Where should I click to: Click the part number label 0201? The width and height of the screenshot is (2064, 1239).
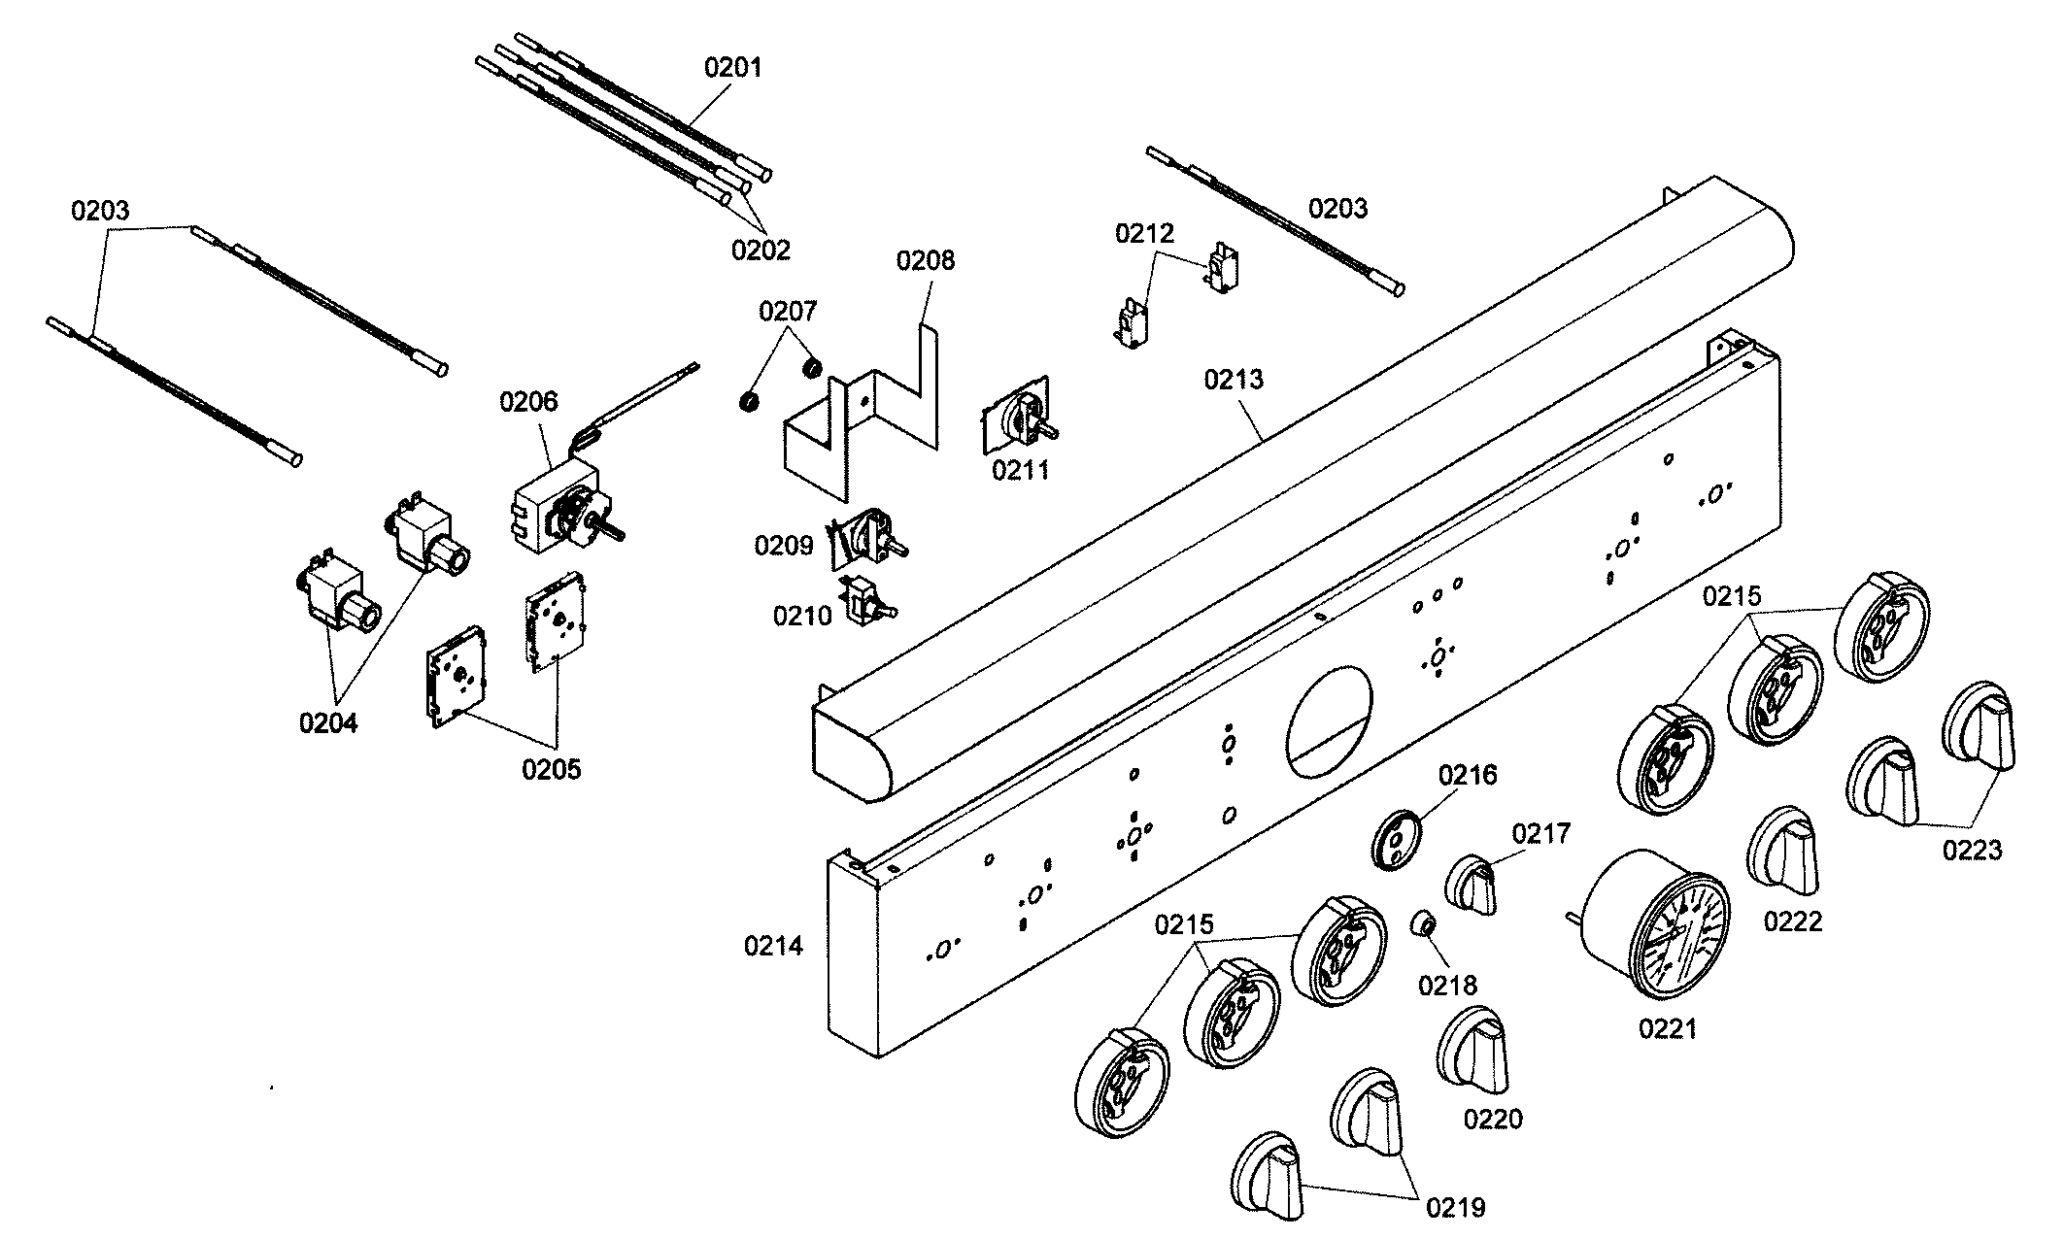pos(733,68)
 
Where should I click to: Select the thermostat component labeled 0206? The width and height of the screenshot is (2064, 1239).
pos(558,510)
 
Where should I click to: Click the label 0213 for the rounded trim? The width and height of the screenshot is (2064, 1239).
pos(1234,379)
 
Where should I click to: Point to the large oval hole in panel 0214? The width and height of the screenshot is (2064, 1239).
pos(1330,719)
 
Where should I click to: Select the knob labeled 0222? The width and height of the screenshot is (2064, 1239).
pos(1782,850)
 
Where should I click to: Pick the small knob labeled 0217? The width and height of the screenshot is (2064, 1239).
pos(1472,884)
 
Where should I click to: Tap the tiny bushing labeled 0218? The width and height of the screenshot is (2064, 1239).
pos(1423,922)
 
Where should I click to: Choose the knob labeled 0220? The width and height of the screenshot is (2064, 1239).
pos(1473,1052)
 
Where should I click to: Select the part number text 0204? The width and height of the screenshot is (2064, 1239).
pos(328,722)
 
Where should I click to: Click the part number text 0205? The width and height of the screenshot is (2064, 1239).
pos(551,769)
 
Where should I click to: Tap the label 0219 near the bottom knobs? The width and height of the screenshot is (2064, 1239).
pos(1456,1207)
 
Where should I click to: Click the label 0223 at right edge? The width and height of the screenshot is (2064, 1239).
pos(1973,851)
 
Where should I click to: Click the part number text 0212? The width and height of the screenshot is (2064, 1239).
pos(1144,233)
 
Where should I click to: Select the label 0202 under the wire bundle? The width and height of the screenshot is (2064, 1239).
pos(761,250)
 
